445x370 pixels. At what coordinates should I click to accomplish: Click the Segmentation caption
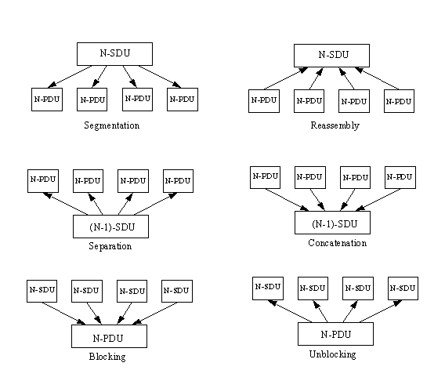[112, 125]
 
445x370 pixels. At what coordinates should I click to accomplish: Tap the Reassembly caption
[335, 125]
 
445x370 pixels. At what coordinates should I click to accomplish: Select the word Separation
[110, 246]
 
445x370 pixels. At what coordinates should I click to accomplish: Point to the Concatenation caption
[338, 243]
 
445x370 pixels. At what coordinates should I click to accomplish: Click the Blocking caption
[107, 357]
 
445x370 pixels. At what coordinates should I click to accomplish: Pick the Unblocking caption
[333, 354]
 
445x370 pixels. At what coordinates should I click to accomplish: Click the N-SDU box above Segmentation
[114, 54]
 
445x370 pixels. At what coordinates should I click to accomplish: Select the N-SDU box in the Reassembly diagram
[331, 56]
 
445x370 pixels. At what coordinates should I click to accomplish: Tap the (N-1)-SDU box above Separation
[110, 227]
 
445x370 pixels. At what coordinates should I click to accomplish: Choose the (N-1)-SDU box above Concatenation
[333, 223]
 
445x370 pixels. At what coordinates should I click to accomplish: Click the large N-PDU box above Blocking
[109, 336]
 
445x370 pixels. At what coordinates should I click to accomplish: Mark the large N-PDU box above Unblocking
[336, 334]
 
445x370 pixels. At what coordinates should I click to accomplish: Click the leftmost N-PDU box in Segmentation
[47, 100]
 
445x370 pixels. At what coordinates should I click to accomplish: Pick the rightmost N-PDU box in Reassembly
[399, 101]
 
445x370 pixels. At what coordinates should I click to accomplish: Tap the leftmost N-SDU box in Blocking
[42, 291]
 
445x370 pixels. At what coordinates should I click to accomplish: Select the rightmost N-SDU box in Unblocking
[403, 288]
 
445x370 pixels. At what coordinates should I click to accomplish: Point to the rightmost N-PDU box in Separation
[178, 181]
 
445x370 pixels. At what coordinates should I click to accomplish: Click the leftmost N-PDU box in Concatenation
[265, 177]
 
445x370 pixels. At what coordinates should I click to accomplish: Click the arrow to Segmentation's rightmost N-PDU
[160, 77]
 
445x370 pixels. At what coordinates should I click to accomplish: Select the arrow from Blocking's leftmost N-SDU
[64, 314]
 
